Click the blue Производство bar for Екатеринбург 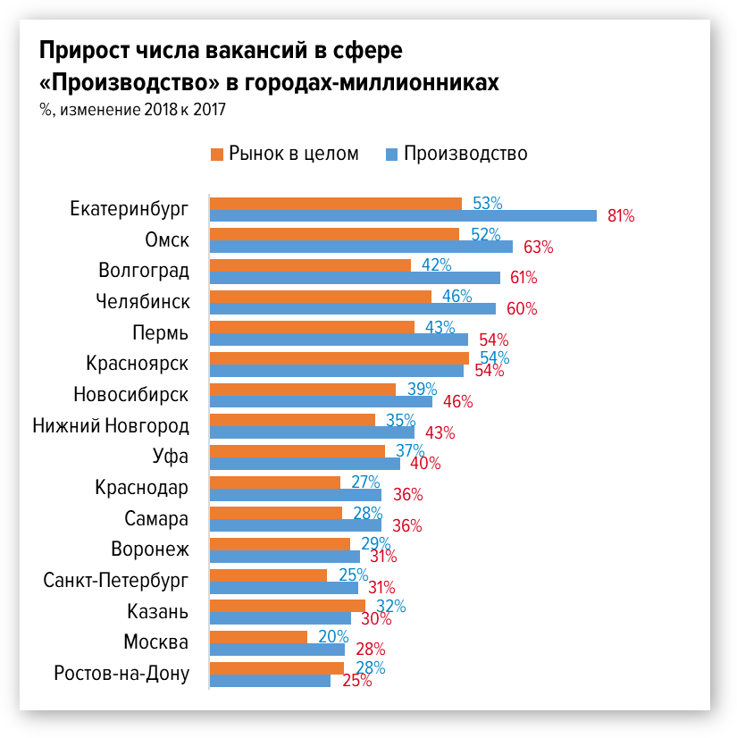coord(403,215)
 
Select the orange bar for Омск coord(334,234)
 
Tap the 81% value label coord(621,215)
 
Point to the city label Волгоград coord(143,271)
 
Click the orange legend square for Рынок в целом coord(216,154)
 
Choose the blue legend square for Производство coord(391,154)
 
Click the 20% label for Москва coord(332,636)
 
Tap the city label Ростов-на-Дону coord(122,674)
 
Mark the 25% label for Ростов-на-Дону coord(357,681)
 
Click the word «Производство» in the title coord(129,82)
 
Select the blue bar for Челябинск coord(353,308)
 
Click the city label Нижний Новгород coord(111,425)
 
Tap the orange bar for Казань coord(288,606)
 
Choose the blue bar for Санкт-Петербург coord(284,588)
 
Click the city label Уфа coord(171,457)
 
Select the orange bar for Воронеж coord(280,543)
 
